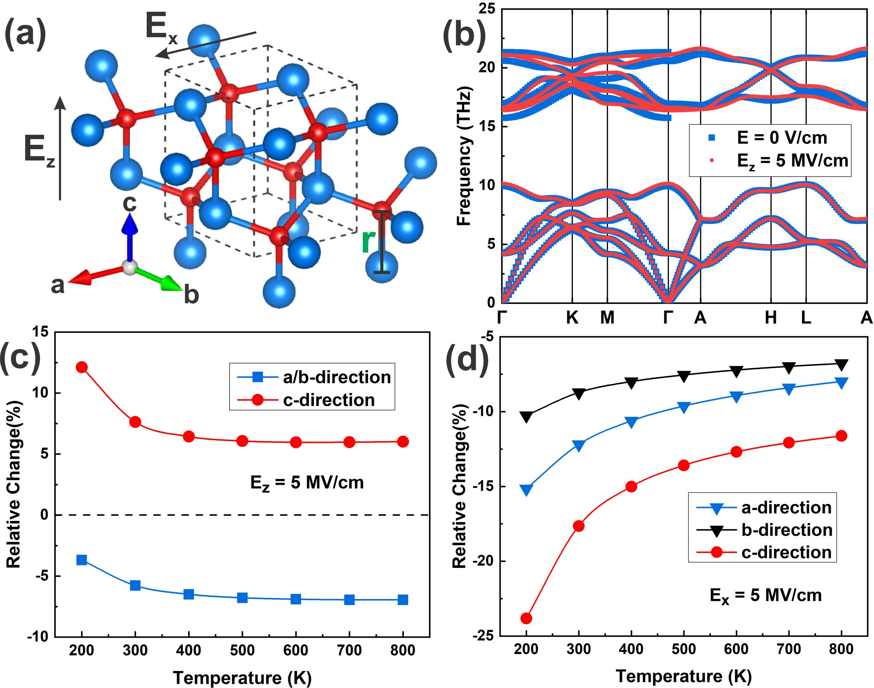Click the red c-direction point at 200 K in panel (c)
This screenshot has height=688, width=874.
[82, 367]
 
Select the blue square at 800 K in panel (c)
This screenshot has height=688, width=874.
[403, 600]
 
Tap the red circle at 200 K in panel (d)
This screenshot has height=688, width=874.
[526, 618]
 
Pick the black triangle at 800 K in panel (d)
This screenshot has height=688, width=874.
[841, 365]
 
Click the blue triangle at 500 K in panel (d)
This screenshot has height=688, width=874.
[684, 407]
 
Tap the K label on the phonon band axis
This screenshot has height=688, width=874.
[572, 318]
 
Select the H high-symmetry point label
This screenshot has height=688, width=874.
[771, 318]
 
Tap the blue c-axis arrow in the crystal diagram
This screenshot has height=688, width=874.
[130, 238]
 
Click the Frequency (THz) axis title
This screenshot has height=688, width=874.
[464, 157]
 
